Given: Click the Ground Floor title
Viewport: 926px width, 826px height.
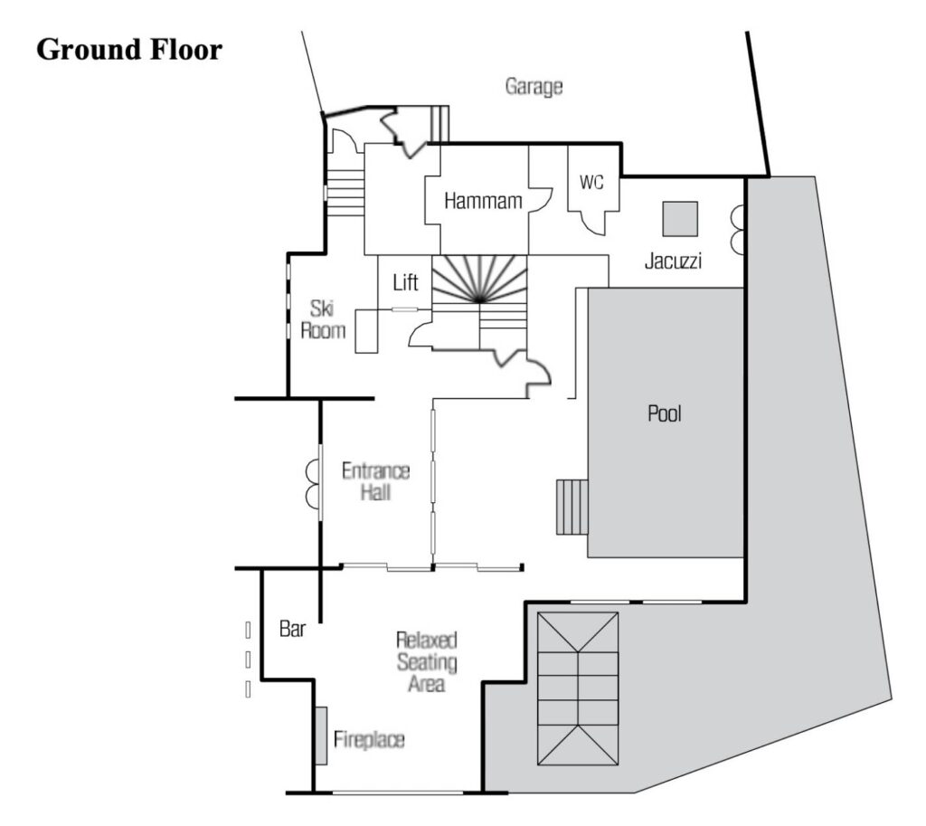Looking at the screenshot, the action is coord(129,49).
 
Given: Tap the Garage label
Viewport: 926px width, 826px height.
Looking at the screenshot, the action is coord(534,87).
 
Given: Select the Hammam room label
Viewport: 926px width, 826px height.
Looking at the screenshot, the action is coord(483,201).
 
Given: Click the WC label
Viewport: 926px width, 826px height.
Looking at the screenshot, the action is coord(591,182).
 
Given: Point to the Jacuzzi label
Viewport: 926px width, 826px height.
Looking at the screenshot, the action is coord(673,261).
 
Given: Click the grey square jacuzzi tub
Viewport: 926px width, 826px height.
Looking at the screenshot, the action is coord(680,219).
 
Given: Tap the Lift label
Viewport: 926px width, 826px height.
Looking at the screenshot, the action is coord(406,282).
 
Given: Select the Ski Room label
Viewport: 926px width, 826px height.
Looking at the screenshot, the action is coord(323,319).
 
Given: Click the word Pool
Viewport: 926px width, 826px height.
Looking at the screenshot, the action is coord(665,413).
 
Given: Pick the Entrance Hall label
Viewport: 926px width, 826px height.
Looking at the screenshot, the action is coord(375,481).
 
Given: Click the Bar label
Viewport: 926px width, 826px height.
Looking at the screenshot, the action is coord(292,629).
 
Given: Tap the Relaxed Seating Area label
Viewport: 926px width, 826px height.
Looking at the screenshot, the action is coord(427,661).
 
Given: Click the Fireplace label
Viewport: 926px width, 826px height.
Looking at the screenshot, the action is coord(369,739).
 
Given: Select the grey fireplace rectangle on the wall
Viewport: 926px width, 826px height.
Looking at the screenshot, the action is coord(321,736).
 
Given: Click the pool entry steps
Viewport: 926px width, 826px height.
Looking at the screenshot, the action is coord(572,507).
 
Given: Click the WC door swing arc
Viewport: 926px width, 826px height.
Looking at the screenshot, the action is coord(593,224).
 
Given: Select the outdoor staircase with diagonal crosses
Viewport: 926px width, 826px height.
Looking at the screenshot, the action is coord(578,688).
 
